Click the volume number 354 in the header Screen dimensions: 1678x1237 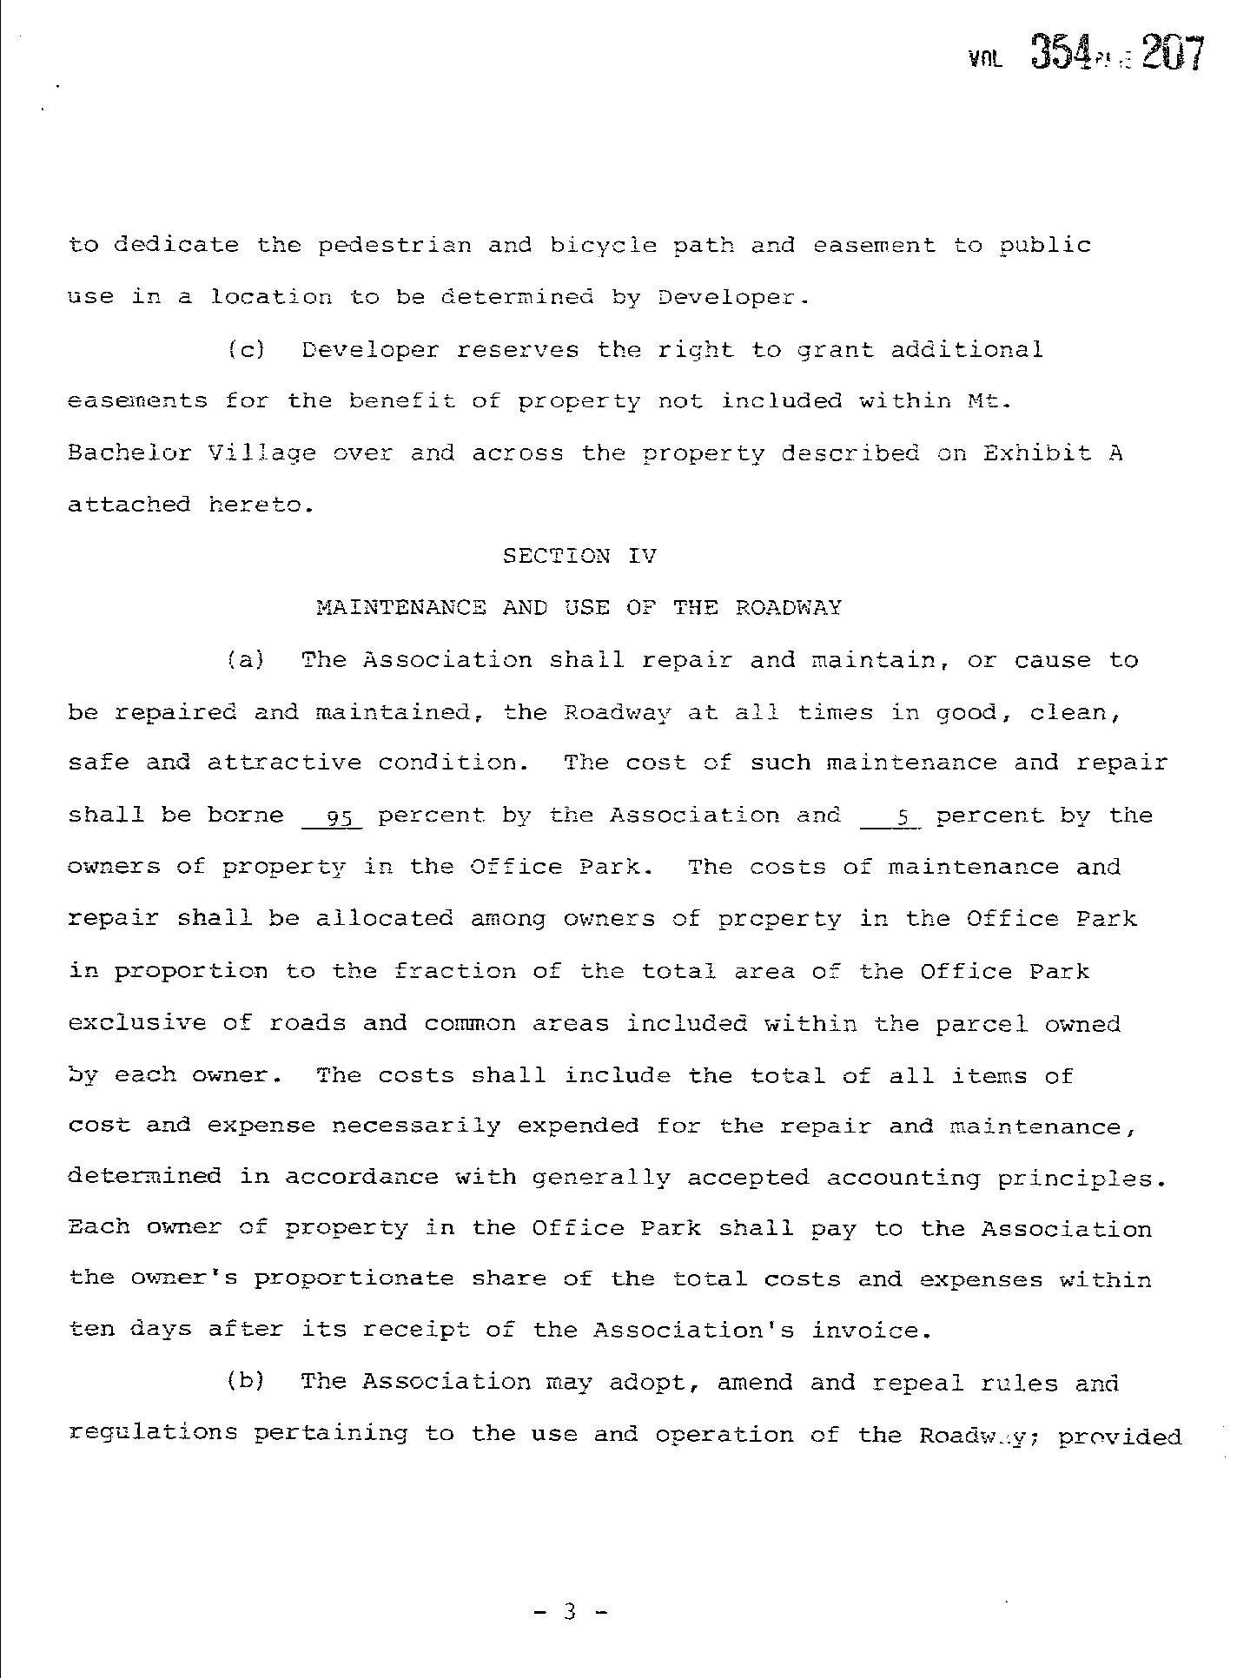tap(1060, 54)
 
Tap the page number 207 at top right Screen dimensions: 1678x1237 tap(1173, 54)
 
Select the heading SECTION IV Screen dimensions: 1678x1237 tap(579, 556)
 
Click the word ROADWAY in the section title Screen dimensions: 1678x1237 tap(788, 608)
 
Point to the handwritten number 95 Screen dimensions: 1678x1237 tap(332, 817)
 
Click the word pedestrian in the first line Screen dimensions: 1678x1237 tap(394, 246)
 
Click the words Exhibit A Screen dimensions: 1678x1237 tap(1053, 453)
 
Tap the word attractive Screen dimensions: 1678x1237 tap(284, 763)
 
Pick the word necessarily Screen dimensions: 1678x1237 tap(417, 1126)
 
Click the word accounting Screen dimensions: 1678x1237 tap(903, 1179)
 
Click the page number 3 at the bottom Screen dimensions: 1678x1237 tap(570, 1613)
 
